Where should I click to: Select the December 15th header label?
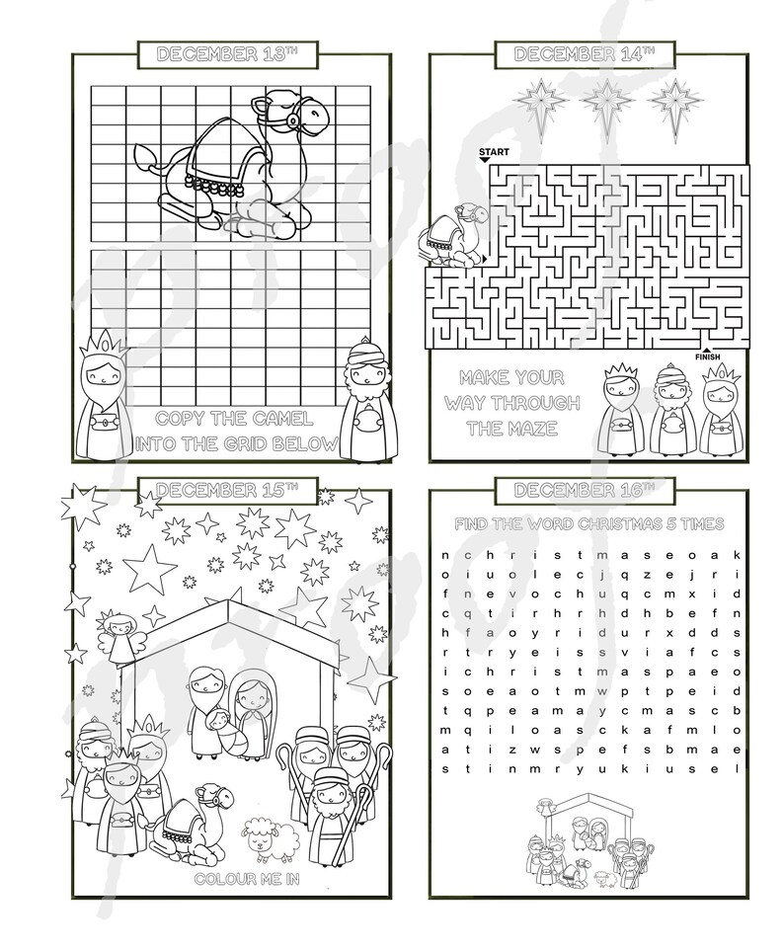(x=226, y=489)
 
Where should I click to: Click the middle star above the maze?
(x=602, y=101)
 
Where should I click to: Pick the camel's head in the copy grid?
(x=303, y=113)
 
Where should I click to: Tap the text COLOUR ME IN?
(x=240, y=878)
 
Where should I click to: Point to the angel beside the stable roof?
(x=119, y=638)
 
